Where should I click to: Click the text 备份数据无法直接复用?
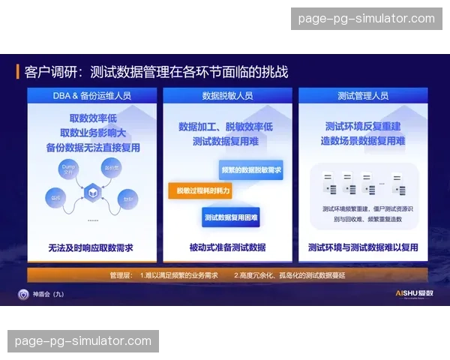click(94, 148)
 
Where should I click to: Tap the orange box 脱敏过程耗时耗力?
click(200, 191)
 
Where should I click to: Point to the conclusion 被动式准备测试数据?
click(226, 247)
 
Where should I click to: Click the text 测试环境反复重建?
click(363, 127)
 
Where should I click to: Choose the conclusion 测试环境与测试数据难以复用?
click(363, 247)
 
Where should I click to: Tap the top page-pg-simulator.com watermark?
click(366, 19)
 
